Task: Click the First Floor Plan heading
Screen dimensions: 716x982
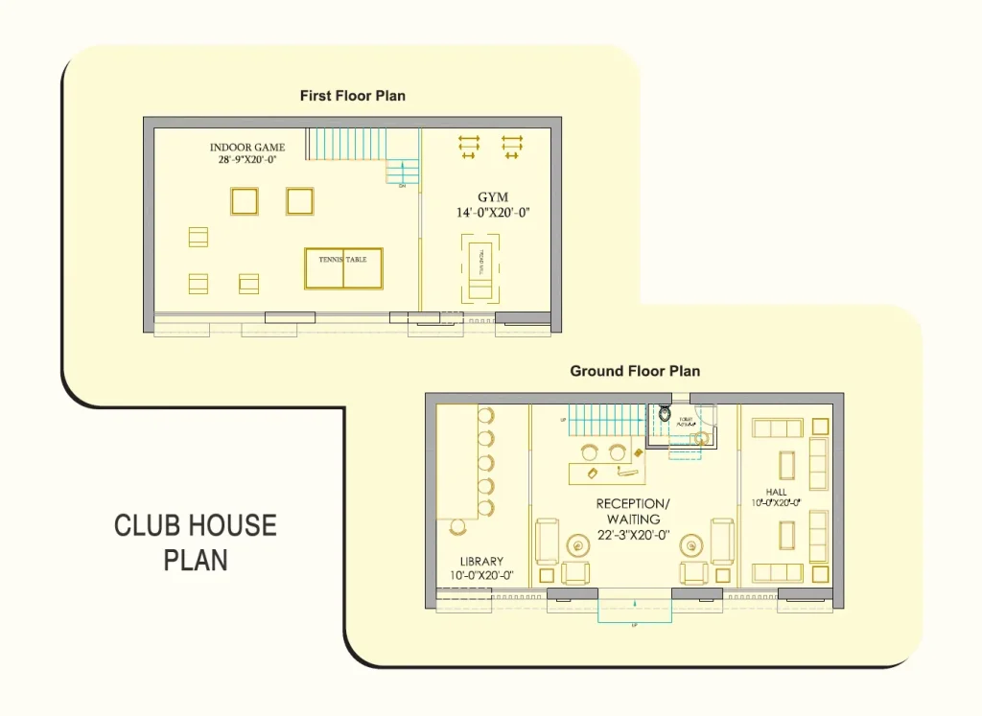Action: point(352,96)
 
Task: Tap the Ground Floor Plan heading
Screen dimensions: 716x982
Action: point(635,371)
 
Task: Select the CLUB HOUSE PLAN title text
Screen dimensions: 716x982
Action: point(195,542)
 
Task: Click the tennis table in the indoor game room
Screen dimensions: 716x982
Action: point(343,268)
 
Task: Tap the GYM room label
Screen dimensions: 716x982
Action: point(493,197)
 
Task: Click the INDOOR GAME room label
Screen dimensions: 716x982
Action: point(247,148)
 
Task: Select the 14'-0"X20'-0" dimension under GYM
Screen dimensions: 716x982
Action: point(493,214)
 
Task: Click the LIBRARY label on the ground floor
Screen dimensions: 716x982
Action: point(481,562)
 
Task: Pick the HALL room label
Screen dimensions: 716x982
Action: point(776,492)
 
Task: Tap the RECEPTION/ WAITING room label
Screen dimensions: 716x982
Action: point(633,511)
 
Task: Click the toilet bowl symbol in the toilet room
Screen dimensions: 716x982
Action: point(665,415)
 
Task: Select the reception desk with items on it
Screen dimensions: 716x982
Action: point(607,472)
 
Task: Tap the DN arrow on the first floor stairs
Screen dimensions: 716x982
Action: point(404,173)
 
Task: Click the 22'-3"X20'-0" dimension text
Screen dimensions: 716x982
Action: point(633,535)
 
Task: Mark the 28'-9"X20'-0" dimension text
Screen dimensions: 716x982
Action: point(247,161)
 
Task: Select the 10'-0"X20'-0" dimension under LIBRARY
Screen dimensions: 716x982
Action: point(481,576)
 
